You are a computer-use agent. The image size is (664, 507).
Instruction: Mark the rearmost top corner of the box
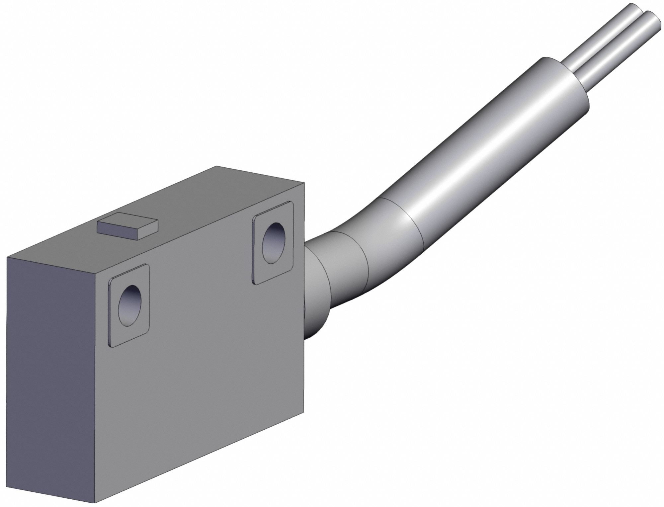pos(216,166)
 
